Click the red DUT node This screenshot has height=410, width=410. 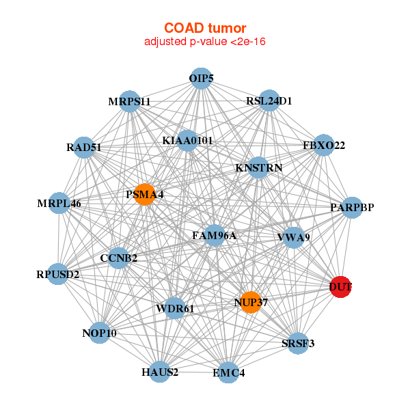tap(340, 288)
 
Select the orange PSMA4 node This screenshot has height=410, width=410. tap(144, 195)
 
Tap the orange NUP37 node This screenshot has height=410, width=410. tap(251, 302)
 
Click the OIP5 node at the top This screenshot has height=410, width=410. tap(200, 79)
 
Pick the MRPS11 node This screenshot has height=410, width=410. tap(129, 102)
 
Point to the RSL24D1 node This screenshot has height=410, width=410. tap(269, 101)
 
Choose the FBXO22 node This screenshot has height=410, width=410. tap(323, 146)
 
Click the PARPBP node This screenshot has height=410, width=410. tap(351, 207)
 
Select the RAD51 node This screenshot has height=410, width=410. tap(84, 147)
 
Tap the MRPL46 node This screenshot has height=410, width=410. tap(60, 204)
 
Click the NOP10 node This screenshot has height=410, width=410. tap(100, 333)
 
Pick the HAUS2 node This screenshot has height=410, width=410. tap(160, 372)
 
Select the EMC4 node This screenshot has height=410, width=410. tap(228, 373)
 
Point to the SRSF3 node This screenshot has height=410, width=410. tap(297, 343)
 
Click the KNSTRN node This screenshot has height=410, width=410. tap(258, 167)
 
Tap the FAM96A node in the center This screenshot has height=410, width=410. tap(214, 236)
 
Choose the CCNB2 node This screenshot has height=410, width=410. tap(119, 258)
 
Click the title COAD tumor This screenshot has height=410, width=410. tap(205, 28)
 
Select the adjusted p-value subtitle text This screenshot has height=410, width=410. tap(205, 42)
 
